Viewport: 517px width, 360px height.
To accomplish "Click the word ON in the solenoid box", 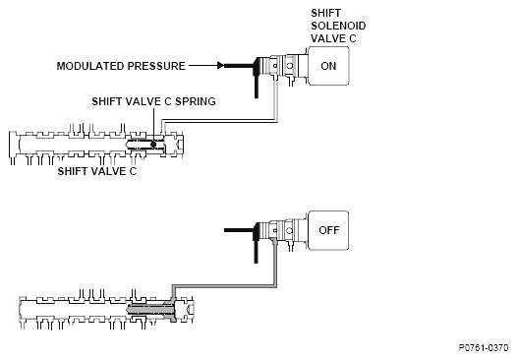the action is (328, 66).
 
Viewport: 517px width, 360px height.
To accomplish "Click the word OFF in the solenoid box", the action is (329, 230).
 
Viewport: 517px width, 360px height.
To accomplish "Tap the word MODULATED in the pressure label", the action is (90, 66).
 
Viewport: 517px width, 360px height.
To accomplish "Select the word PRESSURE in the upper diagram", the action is (156, 66).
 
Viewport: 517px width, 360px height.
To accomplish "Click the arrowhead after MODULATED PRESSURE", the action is (221, 65).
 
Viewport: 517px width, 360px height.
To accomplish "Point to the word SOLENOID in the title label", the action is (338, 26).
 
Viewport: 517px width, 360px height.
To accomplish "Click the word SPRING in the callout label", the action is (196, 101).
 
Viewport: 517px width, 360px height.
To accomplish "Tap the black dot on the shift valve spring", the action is (153, 145).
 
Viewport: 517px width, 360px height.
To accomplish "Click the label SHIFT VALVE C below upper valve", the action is (97, 171).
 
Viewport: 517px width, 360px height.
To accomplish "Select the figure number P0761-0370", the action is (484, 348).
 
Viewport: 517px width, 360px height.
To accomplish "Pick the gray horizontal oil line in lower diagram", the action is (224, 286).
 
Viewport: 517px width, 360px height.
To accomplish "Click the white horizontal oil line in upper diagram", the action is (219, 121).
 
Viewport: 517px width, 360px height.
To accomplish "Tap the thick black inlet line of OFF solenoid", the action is (239, 230).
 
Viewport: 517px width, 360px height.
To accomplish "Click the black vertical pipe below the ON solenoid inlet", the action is (257, 82).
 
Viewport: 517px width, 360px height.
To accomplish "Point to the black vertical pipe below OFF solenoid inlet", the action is (256, 247).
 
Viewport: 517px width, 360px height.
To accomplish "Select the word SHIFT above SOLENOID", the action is (325, 13).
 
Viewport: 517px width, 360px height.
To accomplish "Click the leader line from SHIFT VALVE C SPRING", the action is (153, 124).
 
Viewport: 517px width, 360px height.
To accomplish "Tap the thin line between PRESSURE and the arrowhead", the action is (203, 65).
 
